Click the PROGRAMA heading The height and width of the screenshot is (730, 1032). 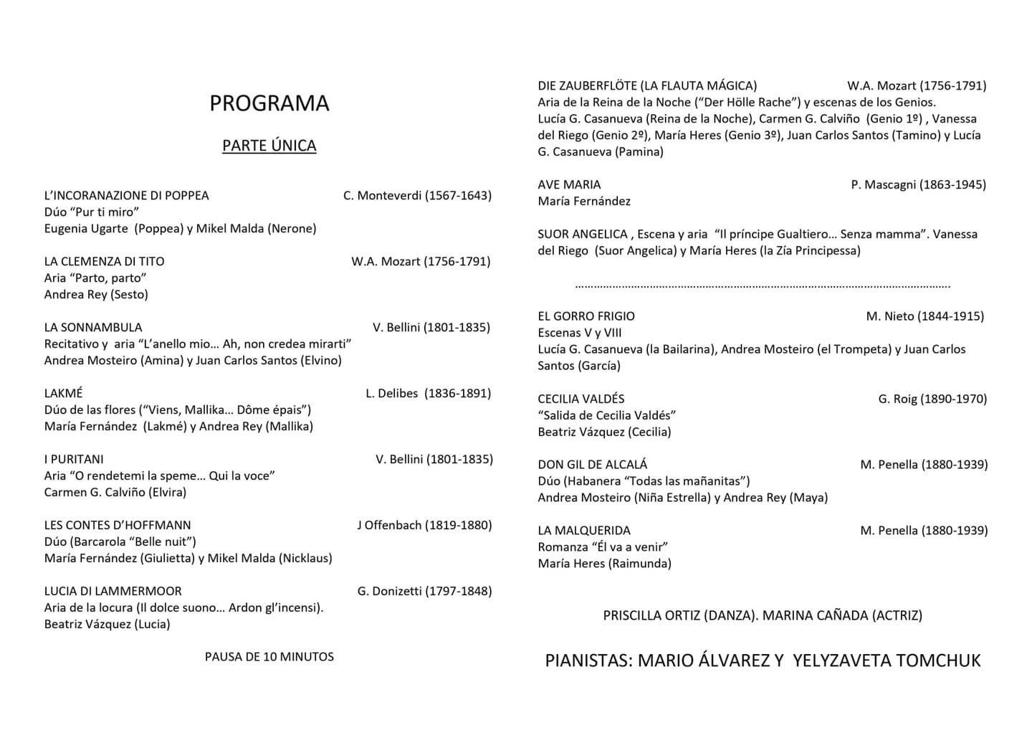point(269,103)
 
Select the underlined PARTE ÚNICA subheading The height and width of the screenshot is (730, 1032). point(269,146)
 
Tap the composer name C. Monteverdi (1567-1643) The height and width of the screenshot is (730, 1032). point(417,195)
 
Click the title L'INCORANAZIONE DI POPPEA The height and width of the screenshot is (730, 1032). point(126,195)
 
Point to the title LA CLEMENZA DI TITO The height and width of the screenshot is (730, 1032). point(104,261)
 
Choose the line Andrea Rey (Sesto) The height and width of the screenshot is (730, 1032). point(96,294)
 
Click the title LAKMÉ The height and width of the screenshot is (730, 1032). point(63,393)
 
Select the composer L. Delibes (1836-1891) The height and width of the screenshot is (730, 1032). point(428,393)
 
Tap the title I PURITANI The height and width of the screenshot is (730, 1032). point(74,459)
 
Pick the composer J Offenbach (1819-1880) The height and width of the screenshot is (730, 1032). point(424,525)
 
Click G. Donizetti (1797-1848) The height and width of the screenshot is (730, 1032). point(424,591)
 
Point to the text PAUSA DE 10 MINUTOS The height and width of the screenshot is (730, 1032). point(269,656)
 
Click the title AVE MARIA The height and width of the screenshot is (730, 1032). point(569,184)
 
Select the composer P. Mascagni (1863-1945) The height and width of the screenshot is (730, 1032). point(918,184)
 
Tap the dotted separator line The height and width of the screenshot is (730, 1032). point(763,286)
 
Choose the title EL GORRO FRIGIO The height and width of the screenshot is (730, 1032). point(586,316)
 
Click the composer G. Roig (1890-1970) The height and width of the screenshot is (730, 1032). point(932,399)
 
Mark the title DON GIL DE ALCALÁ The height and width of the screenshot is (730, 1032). point(592,465)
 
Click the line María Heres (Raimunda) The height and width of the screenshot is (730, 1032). point(604,564)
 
